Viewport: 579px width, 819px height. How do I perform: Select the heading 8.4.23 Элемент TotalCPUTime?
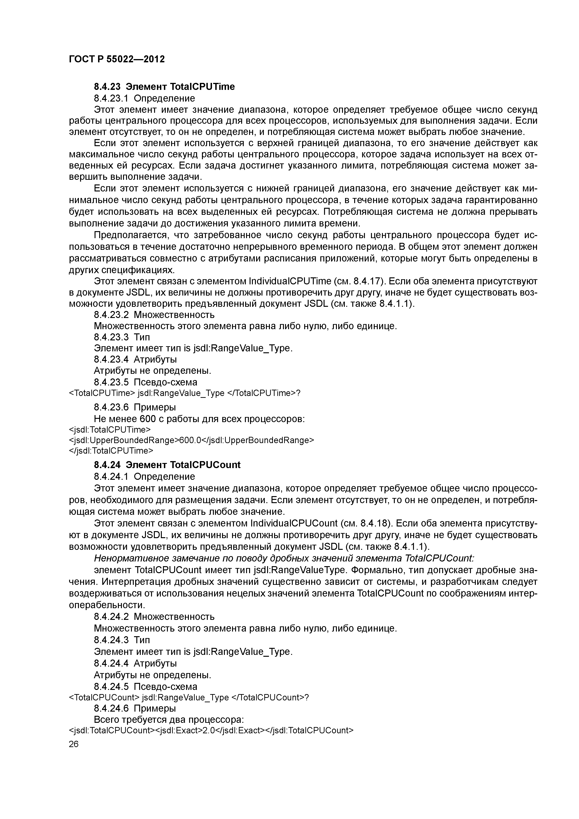pos(164,87)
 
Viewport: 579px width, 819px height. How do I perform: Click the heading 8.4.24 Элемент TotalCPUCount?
pos(167,465)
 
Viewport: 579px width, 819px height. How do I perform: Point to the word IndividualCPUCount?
pos(294,523)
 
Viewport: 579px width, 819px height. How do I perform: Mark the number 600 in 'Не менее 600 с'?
pos(148,419)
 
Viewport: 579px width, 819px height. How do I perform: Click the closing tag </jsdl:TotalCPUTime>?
pos(111,451)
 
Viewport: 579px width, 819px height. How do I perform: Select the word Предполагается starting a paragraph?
pos(130,235)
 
